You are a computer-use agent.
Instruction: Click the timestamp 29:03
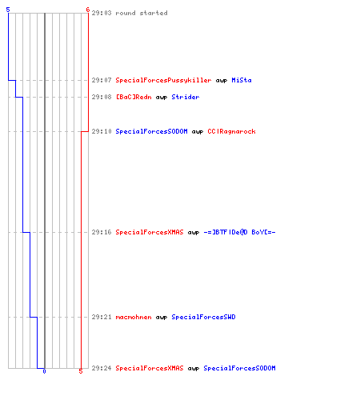pyautogui.click(x=102, y=13)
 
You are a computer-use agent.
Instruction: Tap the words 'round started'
pyautogui.click(x=142, y=13)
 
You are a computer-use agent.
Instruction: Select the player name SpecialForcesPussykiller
pyautogui.click(x=163, y=80)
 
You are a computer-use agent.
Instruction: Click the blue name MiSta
pyautogui.click(x=242, y=80)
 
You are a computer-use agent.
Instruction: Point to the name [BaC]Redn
pyautogui.click(x=134, y=97)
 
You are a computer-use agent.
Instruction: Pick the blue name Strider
pyautogui.click(x=186, y=97)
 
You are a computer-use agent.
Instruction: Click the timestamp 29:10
pyautogui.click(x=102, y=131)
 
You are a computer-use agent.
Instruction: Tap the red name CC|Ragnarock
pyautogui.click(x=231, y=131)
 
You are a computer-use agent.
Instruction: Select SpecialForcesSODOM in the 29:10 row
pyautogui.click(x=151, y=131)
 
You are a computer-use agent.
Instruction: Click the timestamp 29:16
pyautogui.click(x=102, y=232)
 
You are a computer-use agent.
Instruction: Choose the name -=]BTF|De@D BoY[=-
pyautogui.click(x=239, y=232)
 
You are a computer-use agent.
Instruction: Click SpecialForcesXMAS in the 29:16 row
pyautogui.click(x=150, y=232)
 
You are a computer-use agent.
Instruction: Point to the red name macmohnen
pyautogui.click(x=134, y=317)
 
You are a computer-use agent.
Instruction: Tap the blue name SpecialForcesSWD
pyautogui.click(x=203, y=317)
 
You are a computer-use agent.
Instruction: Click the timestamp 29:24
pyautogui.click(x=102, y=368)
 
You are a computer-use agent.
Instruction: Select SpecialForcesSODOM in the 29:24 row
pyautogui.click(x=239, y=368)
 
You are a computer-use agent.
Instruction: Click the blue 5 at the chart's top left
pyautogui.click(x=8, y=10)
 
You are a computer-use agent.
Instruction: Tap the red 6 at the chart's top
pyautogui.click(x=88, y=10)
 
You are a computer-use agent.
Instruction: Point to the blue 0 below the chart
pyautogui.click(x=44, y=371)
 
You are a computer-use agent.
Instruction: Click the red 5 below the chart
pyautogui.click(x=81, y=371)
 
